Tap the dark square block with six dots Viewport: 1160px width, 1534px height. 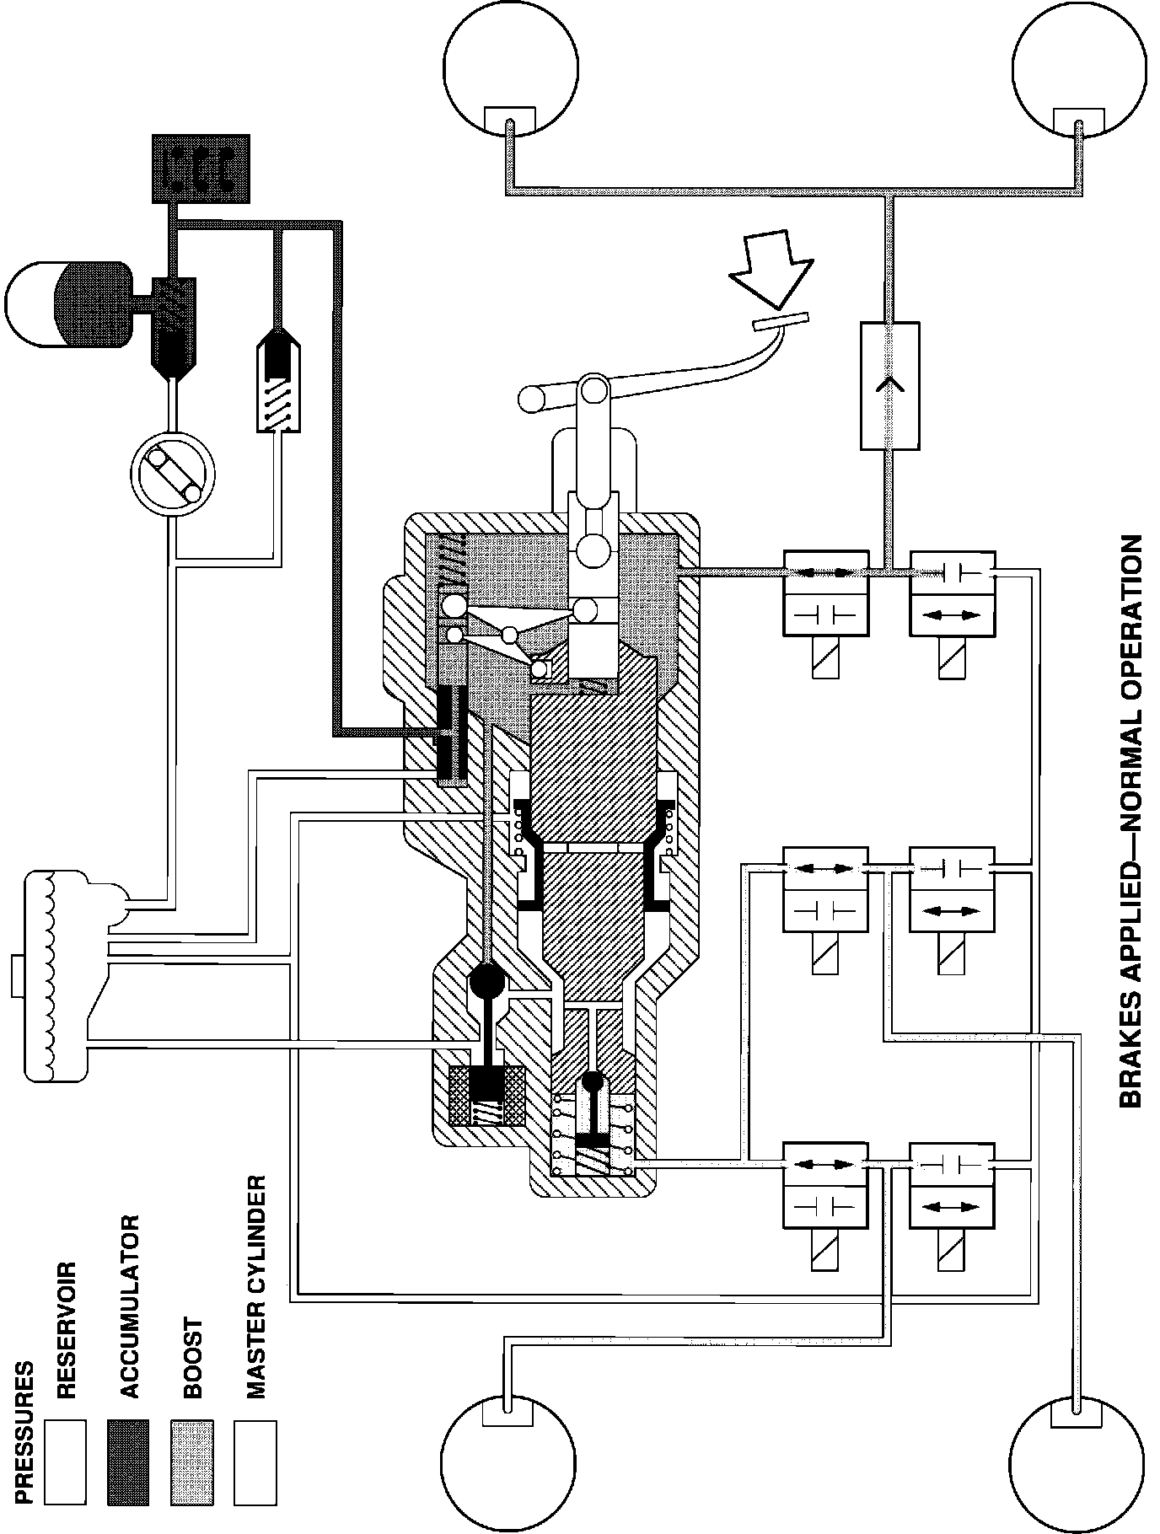[201, 169]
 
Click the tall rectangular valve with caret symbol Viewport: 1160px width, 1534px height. [890, 385]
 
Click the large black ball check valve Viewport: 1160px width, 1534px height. [486, 980]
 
